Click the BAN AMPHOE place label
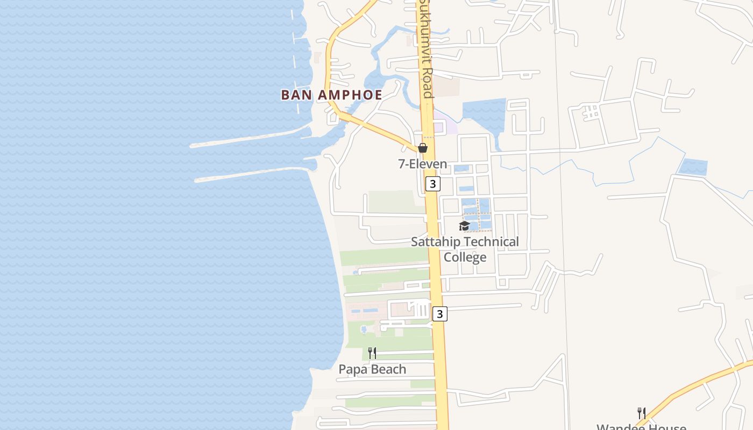[x=331, y=95]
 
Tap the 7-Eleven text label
[x=422, y=164]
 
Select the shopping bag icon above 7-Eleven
[x=423, y=147]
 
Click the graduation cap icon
[x=464, y=226]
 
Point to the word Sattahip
[x=436, y=242]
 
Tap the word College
[x=465, y=257]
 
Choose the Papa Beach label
[x=372, y=369]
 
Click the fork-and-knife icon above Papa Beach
[x=372, y=353]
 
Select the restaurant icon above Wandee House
[x=641, y=413]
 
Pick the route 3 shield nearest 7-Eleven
[x=433, y=184]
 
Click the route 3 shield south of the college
[x=440, y=313]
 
